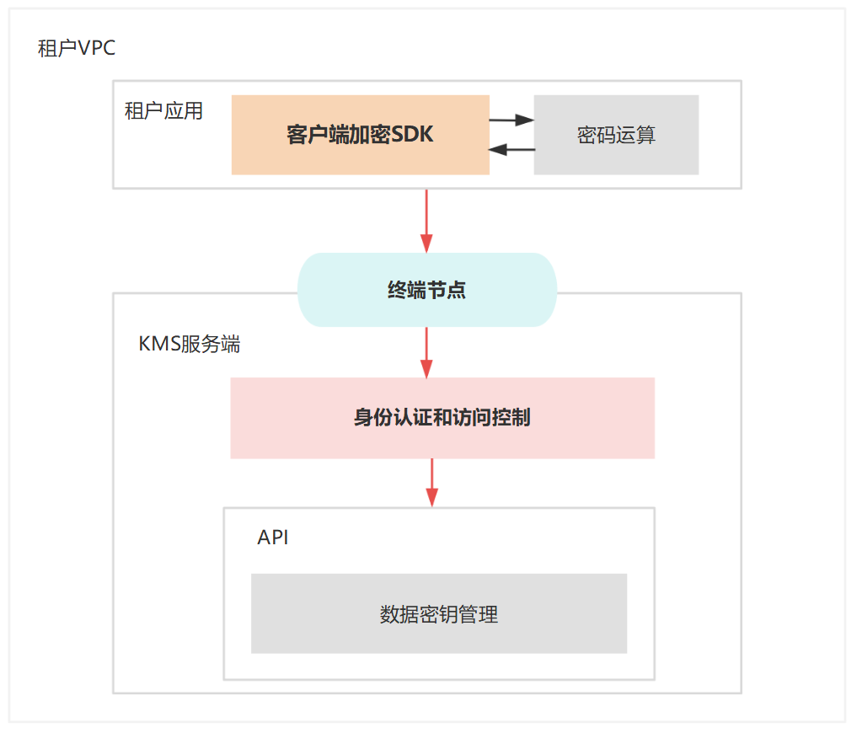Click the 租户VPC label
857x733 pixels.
pyautogui.click(x=77, y=48)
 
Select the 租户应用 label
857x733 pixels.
pyautogui.click(x=163, y=111)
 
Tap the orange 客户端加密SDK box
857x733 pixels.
pyautogui.click(x=360, y=135)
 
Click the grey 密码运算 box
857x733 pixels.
pyautogui.click(x=616, y=135)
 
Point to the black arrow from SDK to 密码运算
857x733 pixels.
pyautogui.click(x=512, y=120)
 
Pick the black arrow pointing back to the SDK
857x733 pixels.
pyautogui.click(x=512, y=150)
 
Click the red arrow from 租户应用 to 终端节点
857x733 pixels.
pyautogui.click(x=427, y=220)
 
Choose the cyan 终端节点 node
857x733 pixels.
pyautogui.click(x=427, y=290)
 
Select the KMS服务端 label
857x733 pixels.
pyautogui.click(x=189, y=344)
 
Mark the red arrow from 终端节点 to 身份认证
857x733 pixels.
pyautogui.click(x=427, y=351)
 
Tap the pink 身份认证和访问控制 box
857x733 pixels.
pyautogui.click(x=442, y=418)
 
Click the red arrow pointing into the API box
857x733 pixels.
pyautogui.click(x=432, y=482)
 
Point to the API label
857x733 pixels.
pyautogui.click(x=273, y=538)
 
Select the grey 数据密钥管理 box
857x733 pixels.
pyautogui.click(x=438, y=613)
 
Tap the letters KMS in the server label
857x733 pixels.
pyautogui.click(x=159, y=344)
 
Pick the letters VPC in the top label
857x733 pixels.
pyautogui.click(x=97, y=48)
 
